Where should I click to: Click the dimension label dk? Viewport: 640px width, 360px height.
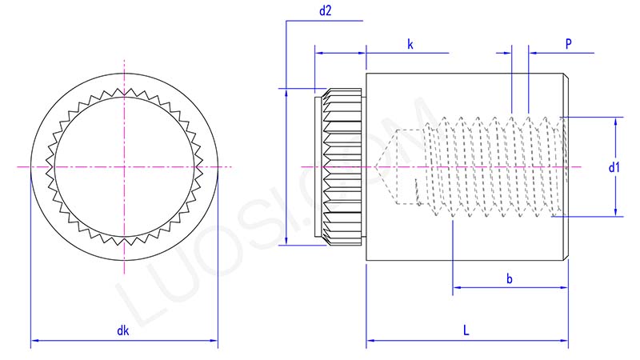(122, 330)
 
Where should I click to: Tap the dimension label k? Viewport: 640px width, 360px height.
(410, 45)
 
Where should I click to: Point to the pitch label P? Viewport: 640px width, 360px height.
(568, 45)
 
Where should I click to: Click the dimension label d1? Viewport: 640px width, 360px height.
(614, 168)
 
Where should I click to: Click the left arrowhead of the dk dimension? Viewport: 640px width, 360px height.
(34, 342)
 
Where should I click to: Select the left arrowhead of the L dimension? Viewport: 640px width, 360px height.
(370, 342)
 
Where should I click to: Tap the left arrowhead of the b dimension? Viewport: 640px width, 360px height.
(457, 287)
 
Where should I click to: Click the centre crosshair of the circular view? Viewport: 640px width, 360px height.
(124, 166)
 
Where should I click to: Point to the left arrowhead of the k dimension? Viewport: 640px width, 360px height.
(318, 54)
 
